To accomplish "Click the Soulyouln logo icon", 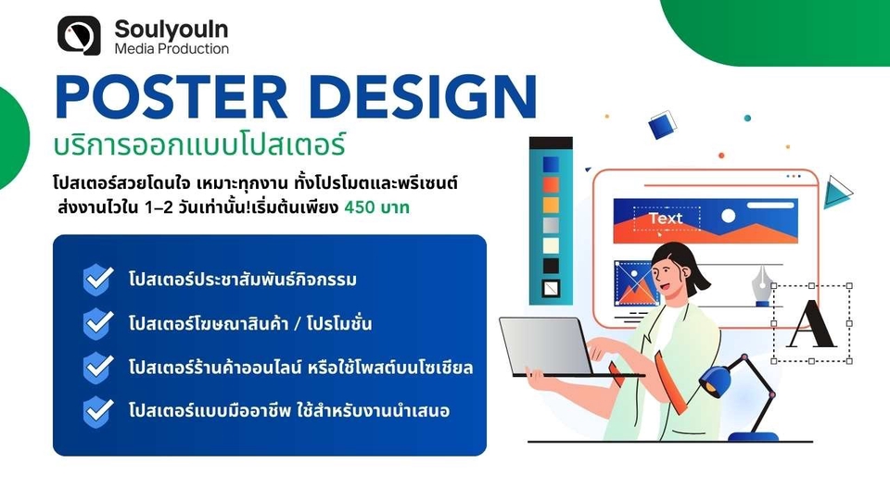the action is [x=79, y=35].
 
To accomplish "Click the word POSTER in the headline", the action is [x=171, y=97].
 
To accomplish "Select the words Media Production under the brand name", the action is [x=172, y=49].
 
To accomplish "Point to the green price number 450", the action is [x=360, y=207].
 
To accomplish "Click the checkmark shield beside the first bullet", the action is [x=97, y=280].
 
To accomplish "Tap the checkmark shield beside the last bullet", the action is [x=97, y=411].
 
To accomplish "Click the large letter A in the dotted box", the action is [x=812, y=324].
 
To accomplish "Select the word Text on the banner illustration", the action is [x=666, y=219].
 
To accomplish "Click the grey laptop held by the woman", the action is [x=548, y=346].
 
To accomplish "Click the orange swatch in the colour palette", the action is [x=551, y=185].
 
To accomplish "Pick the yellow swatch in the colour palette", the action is [x=551, y=205].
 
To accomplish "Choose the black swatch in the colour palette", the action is [x=551, y=266].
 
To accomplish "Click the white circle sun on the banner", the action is [x=729, y=216].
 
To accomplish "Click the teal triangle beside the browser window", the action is [x=836, y=192].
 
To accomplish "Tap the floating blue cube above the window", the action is [x=663, y=125].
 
